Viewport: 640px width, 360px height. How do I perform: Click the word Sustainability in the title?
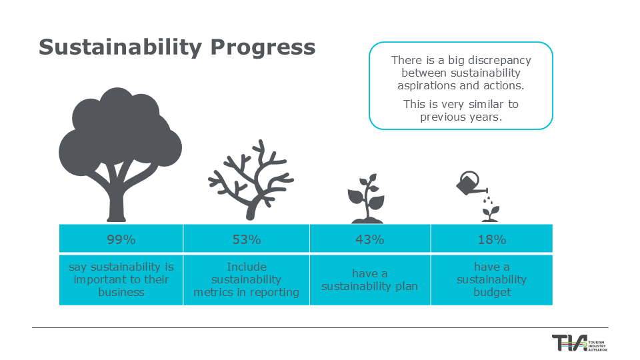pyautogui.click(x=121, y=47)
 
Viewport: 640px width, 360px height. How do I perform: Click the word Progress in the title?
pyautogui.click(x=263, y=48)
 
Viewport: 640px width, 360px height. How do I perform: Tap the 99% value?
pyautogui.click(x=121, y=239)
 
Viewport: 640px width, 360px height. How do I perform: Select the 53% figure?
pyautogui.click(x=247, y=239)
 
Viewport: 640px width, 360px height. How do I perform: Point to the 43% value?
pyautogui.click(x=370, y=239)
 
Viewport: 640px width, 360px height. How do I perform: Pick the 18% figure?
pyautogui.click(x=492, y=239)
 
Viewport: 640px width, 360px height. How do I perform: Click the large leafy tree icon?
pyautogui.click(x=121, y=154)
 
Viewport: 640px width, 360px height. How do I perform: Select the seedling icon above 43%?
pyautogui.click(x=367, y=199)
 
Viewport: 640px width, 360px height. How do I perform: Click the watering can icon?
pyautogui.click(x=469, y=184)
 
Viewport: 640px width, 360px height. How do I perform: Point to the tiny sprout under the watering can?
pyautogui.click(x=490, y=214)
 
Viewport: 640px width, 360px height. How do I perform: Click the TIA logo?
pyautogui.click(x=579, y=343)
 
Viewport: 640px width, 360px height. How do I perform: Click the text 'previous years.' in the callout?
pyautogui.click(x=461, y=117)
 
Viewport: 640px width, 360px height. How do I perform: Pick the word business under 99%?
pyautogui.click(x=121, y=292)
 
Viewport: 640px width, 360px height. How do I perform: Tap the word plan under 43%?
pyautogui.click(x=407, y=287)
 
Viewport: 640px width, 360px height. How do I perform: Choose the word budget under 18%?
pyautogui.click(x=492, y=293)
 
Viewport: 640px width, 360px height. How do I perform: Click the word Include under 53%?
pyautogui.click(x=247, y=267)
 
